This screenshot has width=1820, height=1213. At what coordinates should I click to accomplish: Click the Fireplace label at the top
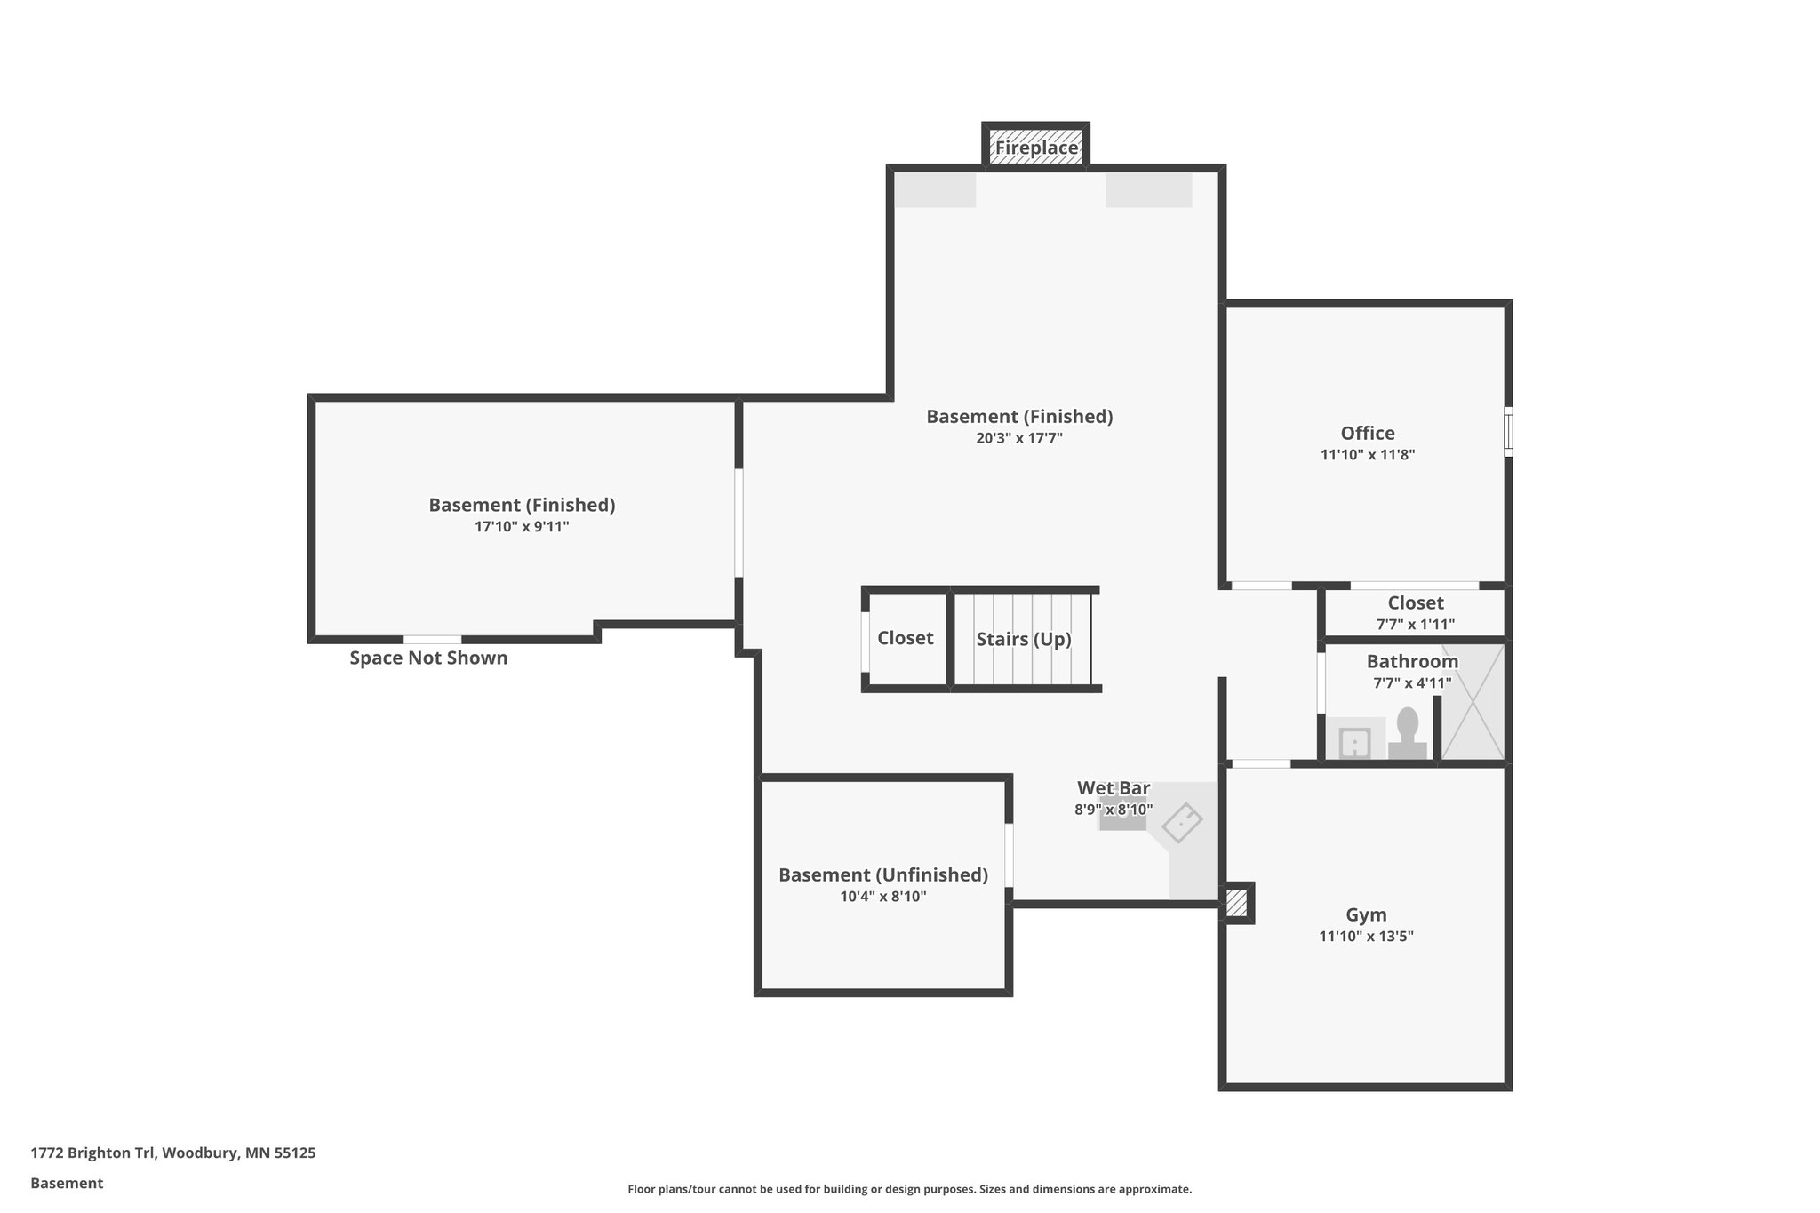(1036, 148)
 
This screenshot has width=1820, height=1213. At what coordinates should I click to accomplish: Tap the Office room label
(1367, 433)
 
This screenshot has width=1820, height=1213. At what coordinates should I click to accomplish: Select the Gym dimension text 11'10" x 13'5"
(1366, 936)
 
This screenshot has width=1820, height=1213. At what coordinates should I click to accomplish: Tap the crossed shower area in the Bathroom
(1472, 702)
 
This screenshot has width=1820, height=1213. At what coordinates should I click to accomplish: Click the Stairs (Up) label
(1023, 639)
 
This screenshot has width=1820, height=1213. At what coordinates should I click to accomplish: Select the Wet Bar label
(1114, 788)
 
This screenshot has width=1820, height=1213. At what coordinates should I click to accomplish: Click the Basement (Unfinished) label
(882, 874)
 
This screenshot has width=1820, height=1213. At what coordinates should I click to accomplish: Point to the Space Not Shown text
(428, 658)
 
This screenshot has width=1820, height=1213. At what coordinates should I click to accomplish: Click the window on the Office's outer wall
(1507, 432)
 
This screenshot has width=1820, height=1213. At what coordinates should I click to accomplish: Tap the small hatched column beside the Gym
(1236, 904)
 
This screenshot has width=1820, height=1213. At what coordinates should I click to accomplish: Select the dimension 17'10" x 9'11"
(522, 527)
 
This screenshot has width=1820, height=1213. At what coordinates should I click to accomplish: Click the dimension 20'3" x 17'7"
(1019, 438)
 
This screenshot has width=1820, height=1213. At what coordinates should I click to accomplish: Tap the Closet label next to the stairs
(905, 638)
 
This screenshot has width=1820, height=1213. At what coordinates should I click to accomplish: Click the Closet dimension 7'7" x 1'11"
(1415, 625)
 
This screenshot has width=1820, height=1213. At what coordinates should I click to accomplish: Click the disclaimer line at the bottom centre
(909, 1189)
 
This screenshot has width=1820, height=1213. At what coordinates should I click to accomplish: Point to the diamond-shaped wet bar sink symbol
(1182, 822)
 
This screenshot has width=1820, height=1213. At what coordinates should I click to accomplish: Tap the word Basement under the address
(67, 1183)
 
